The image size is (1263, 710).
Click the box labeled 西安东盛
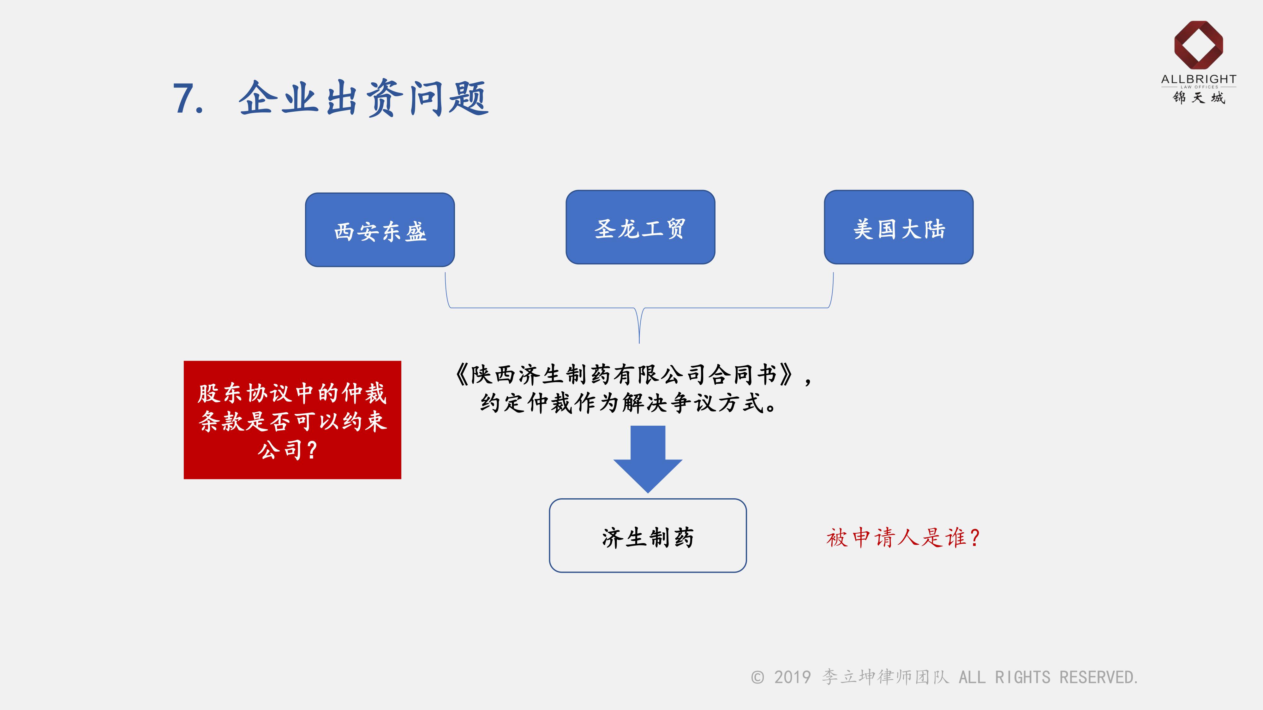coord(380,230)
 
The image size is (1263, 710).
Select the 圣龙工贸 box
coord(640,227)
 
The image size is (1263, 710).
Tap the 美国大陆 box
coord(898,227)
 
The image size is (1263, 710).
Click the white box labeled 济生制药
coord(648,535)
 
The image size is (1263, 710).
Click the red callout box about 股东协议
coord(292,420)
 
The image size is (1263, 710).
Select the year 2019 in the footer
coord(792,677)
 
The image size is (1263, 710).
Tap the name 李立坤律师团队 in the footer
coord(885,677)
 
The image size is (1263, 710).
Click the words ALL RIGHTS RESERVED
coord(1048,677)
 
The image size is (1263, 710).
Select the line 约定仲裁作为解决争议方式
coord(628,403)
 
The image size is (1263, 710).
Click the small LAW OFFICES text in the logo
coord(1199,87)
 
